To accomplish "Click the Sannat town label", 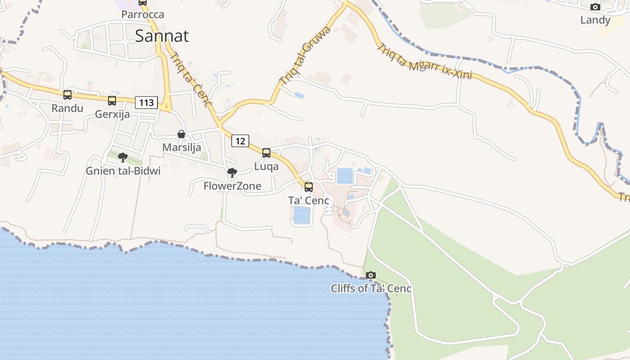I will [162, 36].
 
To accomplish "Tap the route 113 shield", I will [147, 103].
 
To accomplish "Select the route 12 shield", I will [240, 141].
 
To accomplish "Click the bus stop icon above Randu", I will [67, 95].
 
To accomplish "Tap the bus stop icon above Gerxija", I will [112, 101].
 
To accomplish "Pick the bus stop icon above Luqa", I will [266, 153].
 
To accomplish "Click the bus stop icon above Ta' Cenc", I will [309, 187].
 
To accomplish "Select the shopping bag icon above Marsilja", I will [181, 134].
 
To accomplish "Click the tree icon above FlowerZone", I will [232, 173].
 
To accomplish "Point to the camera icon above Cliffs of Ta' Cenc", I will [371, 275].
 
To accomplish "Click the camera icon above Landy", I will [595, 7].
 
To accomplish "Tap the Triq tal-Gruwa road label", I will [305, 56].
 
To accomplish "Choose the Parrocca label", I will [143, 14].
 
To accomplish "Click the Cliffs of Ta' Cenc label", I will [371, 288].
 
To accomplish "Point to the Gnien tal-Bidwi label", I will [123, 171].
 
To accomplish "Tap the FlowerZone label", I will [232, 186].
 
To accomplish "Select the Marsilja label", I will [182, 148].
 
